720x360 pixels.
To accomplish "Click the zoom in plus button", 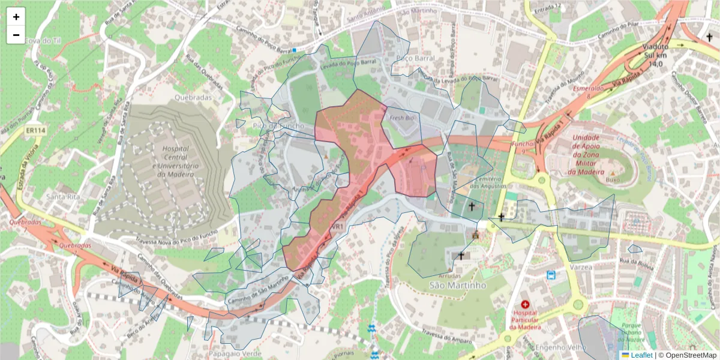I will (16, 17).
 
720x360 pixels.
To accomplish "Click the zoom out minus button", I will (16, 35).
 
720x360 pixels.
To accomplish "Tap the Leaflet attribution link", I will (641, 355).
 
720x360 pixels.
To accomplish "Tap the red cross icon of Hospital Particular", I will (526, 305).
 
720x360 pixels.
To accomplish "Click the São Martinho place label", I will (458, 286).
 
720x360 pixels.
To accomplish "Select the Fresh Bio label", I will (402, 118).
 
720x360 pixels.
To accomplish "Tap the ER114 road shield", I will (37, 130).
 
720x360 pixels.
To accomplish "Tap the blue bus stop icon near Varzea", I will (551, 275).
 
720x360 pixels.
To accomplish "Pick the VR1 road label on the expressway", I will (337, 227).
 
